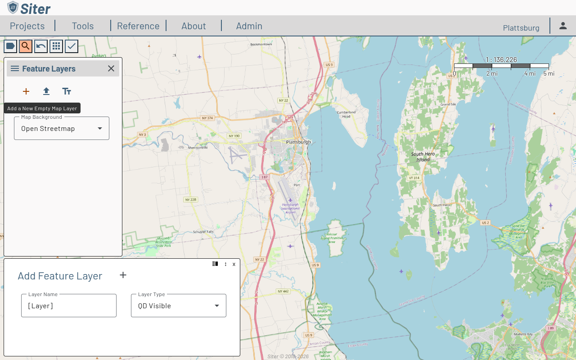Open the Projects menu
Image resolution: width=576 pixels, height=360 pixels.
[x=27, y=26]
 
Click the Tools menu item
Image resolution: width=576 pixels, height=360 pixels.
[x=83, y=26]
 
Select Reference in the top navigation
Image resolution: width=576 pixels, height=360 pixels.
[x=138, y=26]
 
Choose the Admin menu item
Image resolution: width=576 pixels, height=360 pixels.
[x=249, y=26]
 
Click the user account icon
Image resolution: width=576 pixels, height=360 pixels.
[x=563, y=26]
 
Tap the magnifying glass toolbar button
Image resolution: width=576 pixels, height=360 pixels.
[x=26, y=46]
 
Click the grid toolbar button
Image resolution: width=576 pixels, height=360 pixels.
[x=56, y=46]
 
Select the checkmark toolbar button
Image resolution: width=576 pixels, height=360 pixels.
[x=72, y=46]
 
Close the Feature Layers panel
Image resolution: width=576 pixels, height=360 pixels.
[x=111, y=68]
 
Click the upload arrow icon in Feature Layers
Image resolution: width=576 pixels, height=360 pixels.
[x=46, y=91]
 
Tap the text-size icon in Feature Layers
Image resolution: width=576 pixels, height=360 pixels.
[x=67, y=91]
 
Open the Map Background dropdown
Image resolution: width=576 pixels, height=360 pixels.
[x=62, y=129]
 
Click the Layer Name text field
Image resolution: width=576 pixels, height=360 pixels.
[x=69, y=306]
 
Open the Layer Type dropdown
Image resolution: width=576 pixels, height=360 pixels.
[x=179, y=306]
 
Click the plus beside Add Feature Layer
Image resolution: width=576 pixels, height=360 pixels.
[x=123, y=275]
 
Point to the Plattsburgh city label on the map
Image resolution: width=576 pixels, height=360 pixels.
[x=298, y=142]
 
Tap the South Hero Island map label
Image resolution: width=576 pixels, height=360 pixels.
[x=423, y=157]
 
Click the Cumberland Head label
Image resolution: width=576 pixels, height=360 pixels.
[x=346, y=114]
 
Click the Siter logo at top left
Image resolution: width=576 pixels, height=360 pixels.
[x=29, y=8]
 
